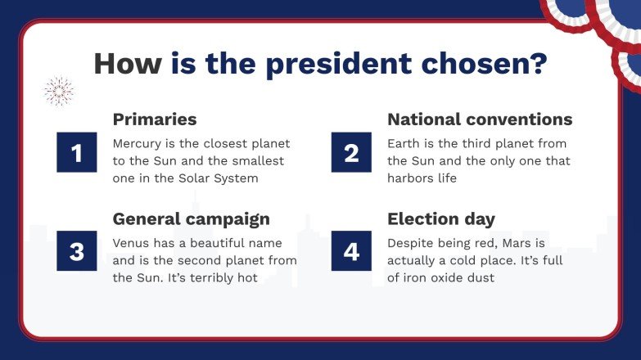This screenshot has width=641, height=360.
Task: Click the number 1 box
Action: tap(77, 152)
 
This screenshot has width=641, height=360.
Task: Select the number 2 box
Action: tap(351, 152)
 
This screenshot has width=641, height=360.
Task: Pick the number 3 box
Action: tap(77, 250)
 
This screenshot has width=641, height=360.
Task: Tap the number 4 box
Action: tap(351, 250)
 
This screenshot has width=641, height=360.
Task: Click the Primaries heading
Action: tap(155, 119)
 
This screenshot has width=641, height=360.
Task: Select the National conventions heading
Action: tap(480, 119)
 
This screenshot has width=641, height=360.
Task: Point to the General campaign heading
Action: tap(192, 218)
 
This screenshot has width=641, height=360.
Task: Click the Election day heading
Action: tap(441, 218)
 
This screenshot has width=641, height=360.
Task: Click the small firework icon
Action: tap(58, 92)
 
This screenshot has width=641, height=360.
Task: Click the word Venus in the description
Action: tap(132, 243)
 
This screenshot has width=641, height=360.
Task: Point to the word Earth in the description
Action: tap(405, 144)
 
